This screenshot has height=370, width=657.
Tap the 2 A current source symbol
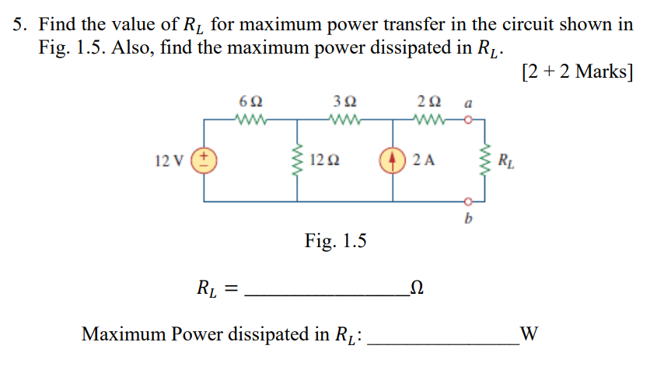(x=393, y=161)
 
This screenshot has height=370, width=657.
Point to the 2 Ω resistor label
(x=428, y=102)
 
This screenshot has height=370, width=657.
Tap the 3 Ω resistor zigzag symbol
(x=344, y=120)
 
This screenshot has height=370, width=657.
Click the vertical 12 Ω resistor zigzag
(x=296, y=161)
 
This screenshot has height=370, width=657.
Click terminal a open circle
(x=467, y=120)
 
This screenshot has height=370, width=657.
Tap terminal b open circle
(x=467, y=201)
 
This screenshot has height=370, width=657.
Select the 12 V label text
(x=170, y=161)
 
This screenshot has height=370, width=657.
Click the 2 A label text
(x=425, y=161)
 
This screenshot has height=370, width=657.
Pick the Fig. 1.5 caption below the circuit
(x=335, y=242)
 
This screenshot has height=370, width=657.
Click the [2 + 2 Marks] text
(x=577, y=72)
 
